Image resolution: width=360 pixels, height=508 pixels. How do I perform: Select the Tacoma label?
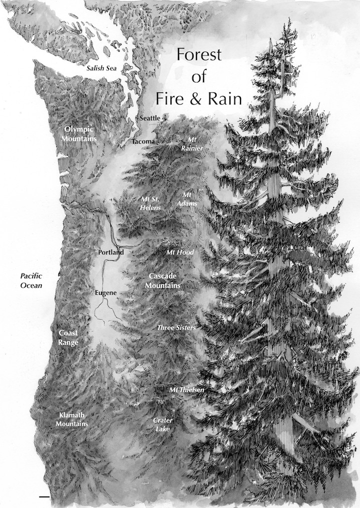[x=143, y=142]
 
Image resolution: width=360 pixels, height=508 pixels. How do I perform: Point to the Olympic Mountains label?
[x=78, y=133]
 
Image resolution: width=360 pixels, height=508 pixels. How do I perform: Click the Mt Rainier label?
[x=192, y=143]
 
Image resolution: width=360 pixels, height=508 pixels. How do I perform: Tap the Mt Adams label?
[x=188, y=199]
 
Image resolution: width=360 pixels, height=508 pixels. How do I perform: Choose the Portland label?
[x=111, y=252]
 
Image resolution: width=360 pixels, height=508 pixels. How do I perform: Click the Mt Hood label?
[x=180, y=253]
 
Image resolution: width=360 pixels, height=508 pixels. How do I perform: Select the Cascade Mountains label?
[x=163, y=280]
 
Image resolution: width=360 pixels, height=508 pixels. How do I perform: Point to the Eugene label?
[x=106, y=292]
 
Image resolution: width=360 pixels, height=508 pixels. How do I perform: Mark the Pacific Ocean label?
[x=30, y=280]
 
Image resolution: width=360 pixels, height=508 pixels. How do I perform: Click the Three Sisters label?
[x=176, y=328]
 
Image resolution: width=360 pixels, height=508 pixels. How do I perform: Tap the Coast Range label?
[x=68, y=337]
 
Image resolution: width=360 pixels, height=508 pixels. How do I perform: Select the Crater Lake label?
[x=163, y=425]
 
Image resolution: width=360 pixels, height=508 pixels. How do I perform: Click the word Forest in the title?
[x=198, y=55]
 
